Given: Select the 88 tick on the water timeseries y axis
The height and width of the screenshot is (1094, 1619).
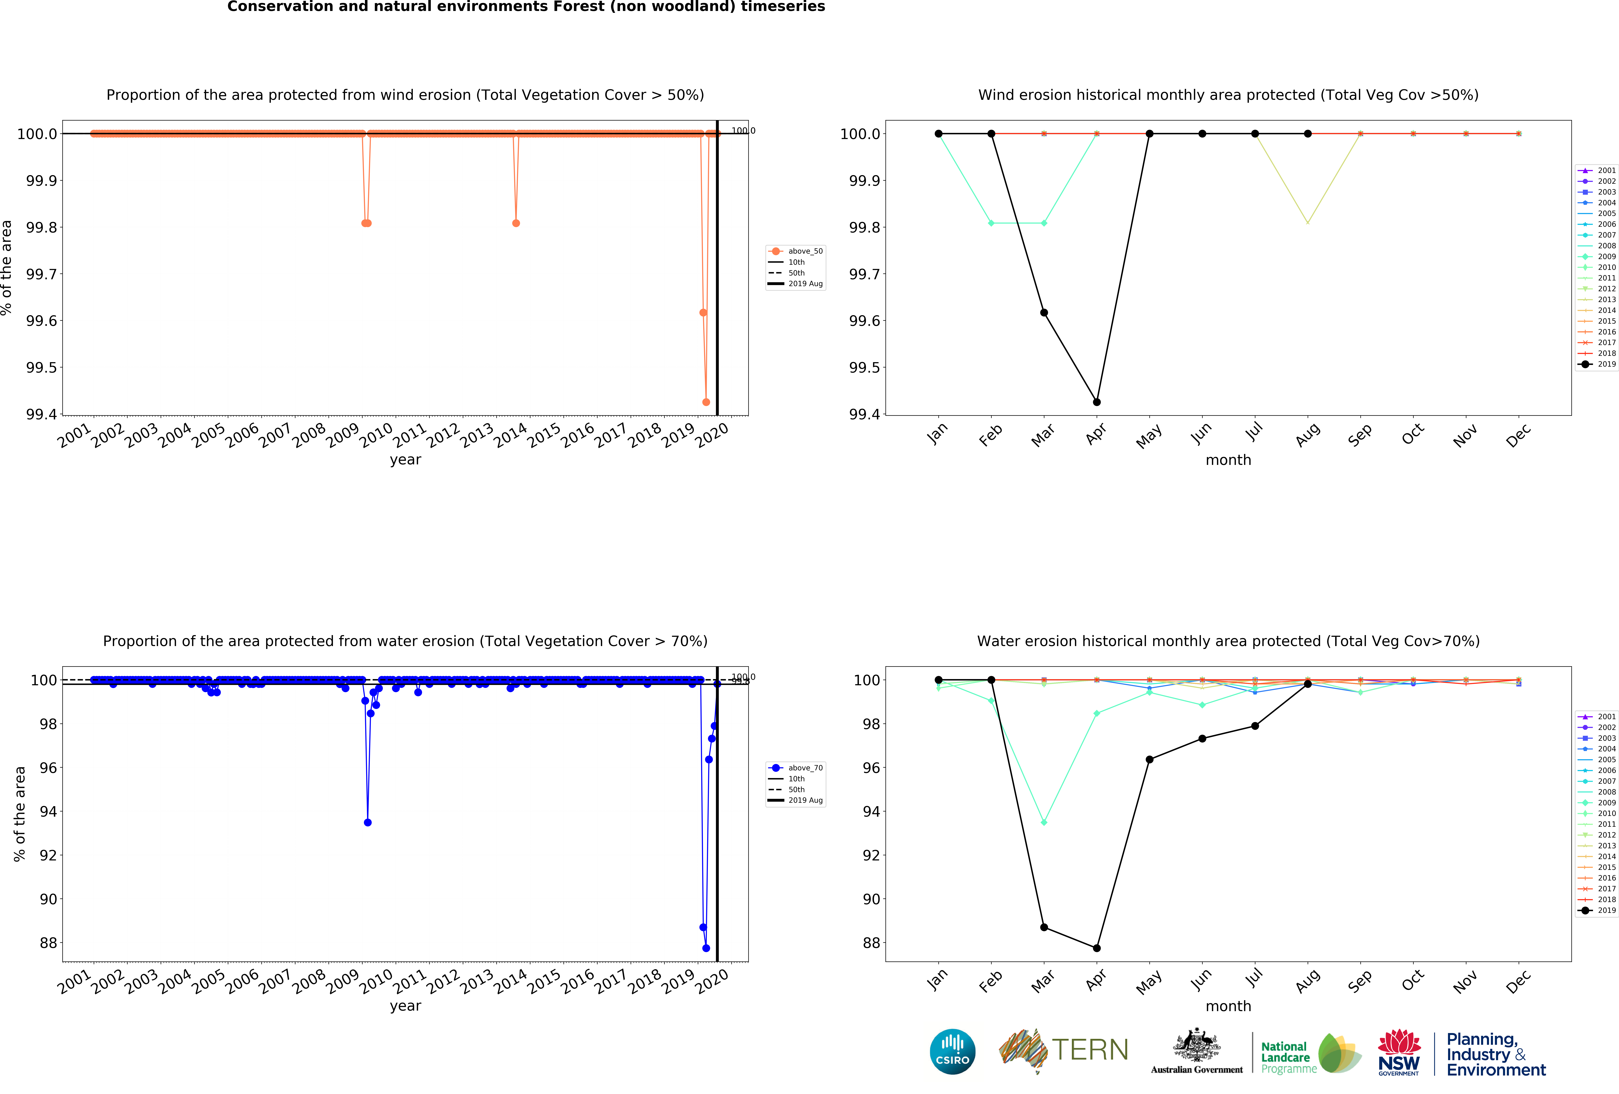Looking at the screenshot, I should tap(48, 943).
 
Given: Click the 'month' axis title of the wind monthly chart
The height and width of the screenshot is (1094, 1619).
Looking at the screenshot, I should tap(1228, 460).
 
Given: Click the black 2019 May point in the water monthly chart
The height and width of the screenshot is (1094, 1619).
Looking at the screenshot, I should tap(1149, 760).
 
